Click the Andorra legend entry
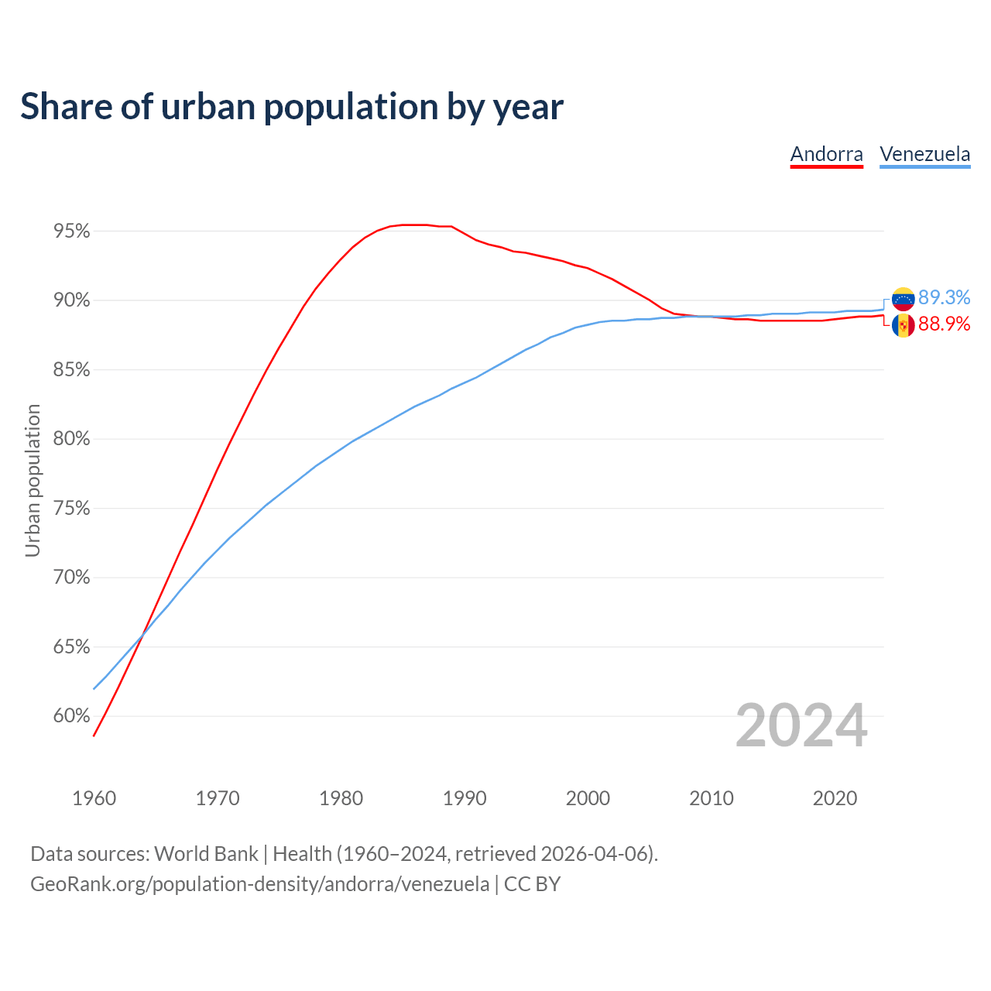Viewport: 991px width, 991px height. [826, 154]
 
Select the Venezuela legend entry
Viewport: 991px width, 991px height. [924, 154]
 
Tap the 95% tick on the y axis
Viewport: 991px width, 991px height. [71, 231]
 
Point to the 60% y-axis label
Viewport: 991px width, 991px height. [71, 716]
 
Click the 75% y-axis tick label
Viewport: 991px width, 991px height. [71, 509]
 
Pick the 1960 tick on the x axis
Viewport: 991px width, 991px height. [94, 798]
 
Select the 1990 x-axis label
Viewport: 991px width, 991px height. [465, 798]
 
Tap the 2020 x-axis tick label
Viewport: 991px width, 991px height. [835, 798]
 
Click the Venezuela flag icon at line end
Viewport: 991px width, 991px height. [903, 299]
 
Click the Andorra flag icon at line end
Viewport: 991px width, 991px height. [903, 325]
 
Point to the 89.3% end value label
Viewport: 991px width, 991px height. [944, 298]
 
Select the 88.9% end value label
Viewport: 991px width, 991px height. [944, 324]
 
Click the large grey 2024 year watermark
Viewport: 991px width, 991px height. [801, 725]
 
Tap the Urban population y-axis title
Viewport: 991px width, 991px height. [33, 480]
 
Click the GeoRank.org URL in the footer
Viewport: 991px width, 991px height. [259, 884]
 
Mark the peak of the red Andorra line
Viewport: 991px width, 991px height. [414, 225]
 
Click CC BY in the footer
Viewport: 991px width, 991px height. [532, 884]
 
